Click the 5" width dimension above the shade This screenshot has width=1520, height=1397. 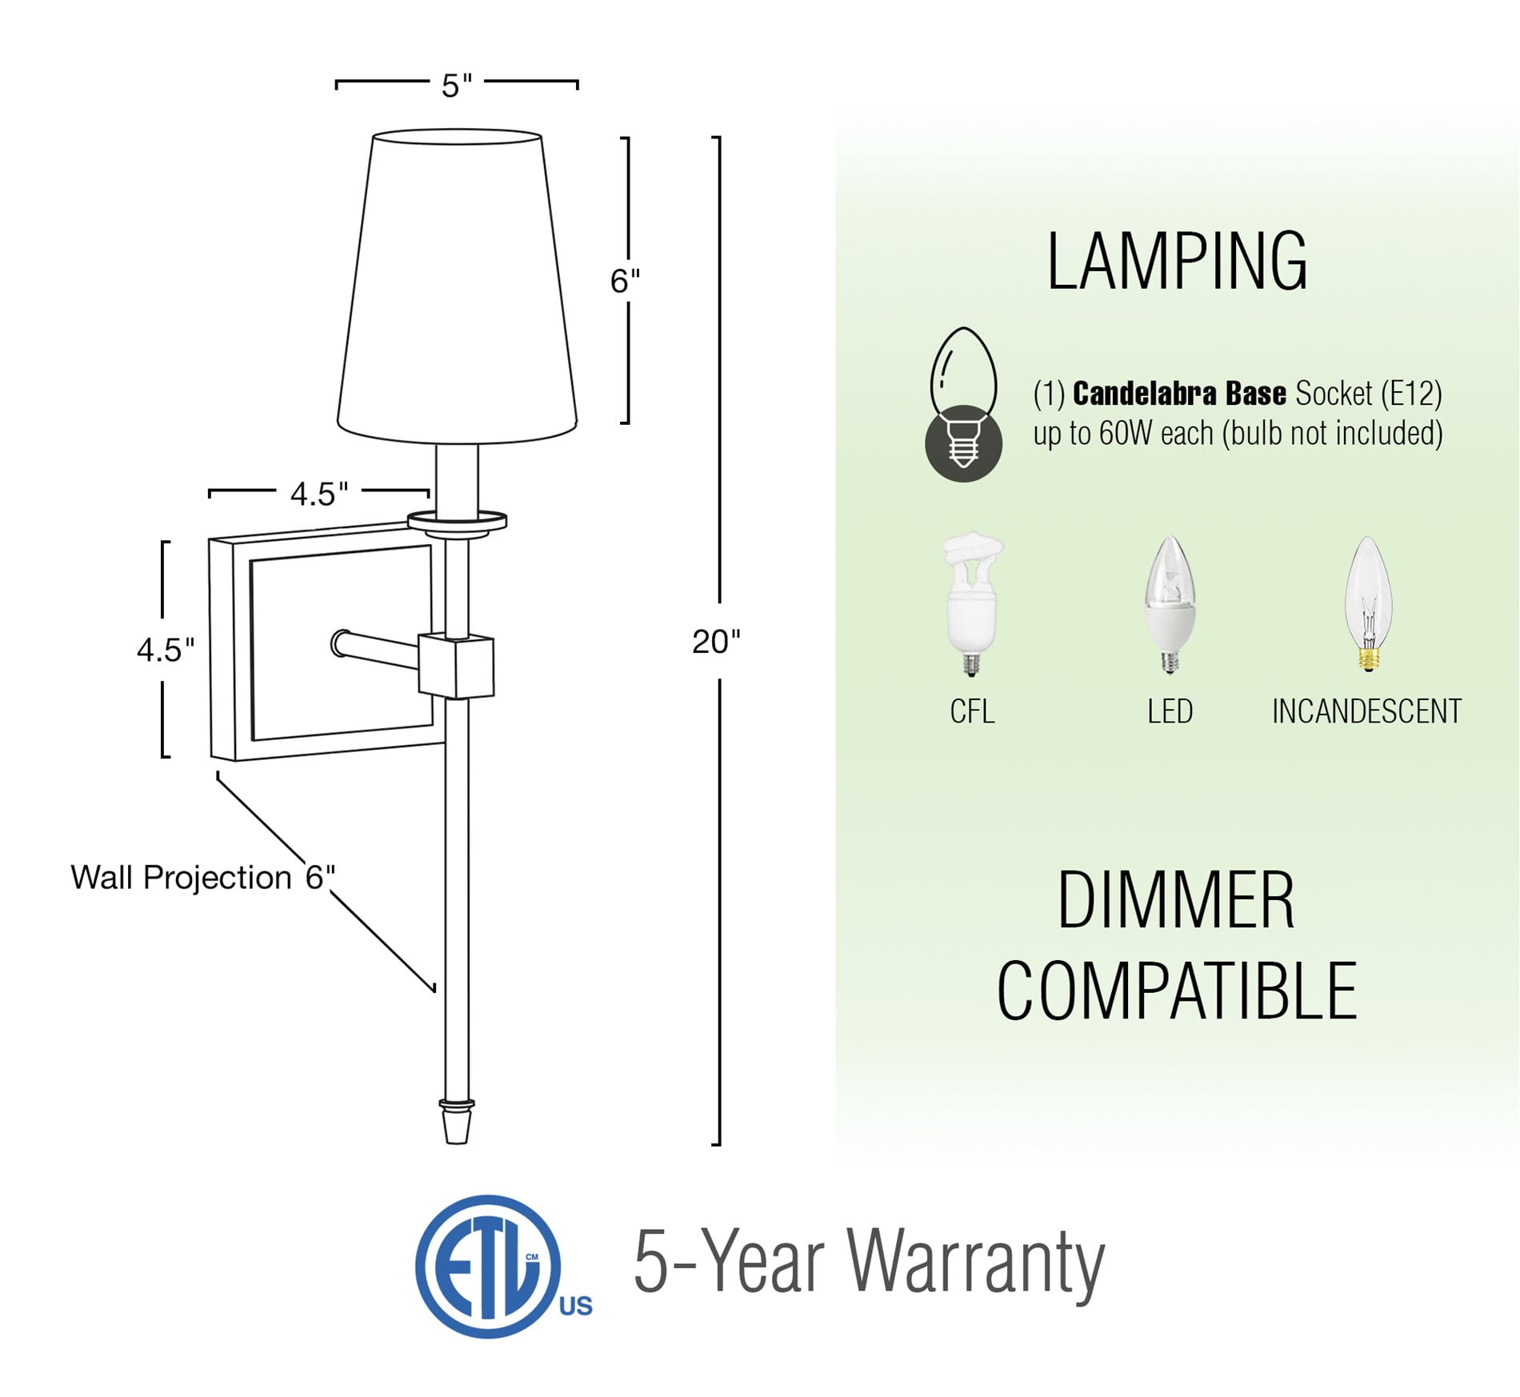pyautogui.click(x=457, y=85)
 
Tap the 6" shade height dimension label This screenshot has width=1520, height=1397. pyautogui.click(x=625, y=281)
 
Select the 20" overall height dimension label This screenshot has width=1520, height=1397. pyautogui.click(x=716, y=642)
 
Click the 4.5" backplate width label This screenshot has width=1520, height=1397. pyautogui.click(x=319, y=494)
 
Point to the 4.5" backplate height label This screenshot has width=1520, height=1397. pyautogui.click(x=166, y=650)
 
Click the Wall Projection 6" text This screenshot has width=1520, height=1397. pyautogui.click(x=203, y=878)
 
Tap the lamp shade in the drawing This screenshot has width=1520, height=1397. pyautogui.click(x=457, y=286)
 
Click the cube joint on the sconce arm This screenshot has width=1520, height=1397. pyautogui.click(x=456, y=666)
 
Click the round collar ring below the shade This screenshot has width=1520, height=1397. pyautogui.click(x=457, y=522)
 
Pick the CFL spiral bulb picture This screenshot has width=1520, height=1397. pyautogui.click(x=972, y=606)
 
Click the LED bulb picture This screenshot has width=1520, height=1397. pyautogui.click(x=1170, y=605)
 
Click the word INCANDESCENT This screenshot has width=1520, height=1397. pyautogui.click(x=1366, y=711)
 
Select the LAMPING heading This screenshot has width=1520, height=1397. pyautogui.click(x=1177, y=262)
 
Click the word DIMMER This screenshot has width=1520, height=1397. pyautogui.click(x=1176, y=900)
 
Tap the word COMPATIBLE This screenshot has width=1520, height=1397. pyautogui.click(x=1177, y=991)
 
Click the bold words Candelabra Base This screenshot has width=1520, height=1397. pyautogui.click(x=1179, y=394)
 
